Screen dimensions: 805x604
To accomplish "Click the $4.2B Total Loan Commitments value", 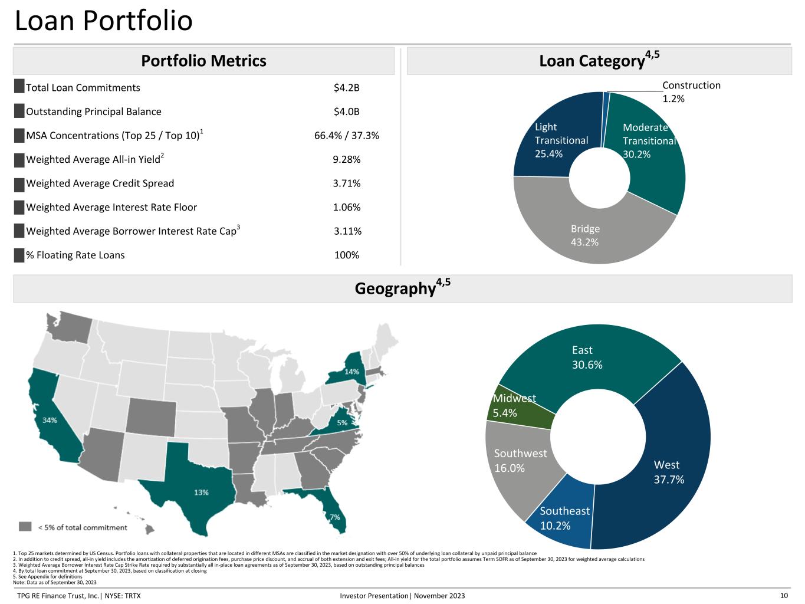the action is click(x=346, y=88).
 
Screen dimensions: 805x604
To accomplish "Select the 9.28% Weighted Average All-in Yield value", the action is click(x=346, y=159).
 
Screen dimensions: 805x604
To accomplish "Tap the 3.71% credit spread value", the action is click(x=346, y=183).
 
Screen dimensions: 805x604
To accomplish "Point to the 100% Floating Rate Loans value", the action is click(x=346, y=255).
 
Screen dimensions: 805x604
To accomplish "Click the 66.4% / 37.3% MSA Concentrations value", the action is click(x=346, y=136).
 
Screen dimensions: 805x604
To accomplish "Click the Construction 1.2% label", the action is click(x=691, y=91).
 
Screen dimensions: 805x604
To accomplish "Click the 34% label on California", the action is click(x=50, y=421).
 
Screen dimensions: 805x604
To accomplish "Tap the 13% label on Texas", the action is click(x=201, y=492).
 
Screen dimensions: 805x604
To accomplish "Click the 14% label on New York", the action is click(x=351, y=372).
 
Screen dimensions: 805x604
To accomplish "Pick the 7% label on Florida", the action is click(x=334, y=517).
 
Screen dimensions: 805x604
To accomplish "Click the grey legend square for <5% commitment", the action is click(x=25, y=527).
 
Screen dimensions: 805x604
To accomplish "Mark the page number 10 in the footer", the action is click(x=784, y=596).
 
